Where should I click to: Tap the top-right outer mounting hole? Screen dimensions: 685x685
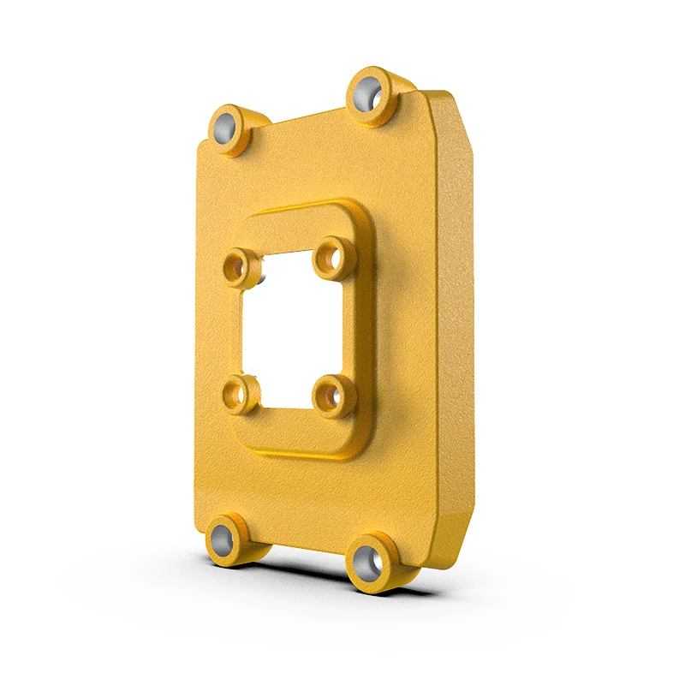(368, 91)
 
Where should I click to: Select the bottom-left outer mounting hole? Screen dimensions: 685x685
(224, 538)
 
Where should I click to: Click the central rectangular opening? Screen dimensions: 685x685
(287, 330)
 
